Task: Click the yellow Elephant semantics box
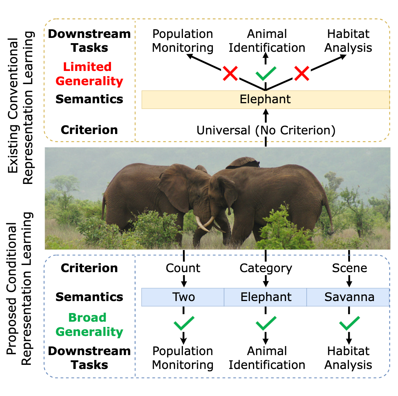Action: pyautogui.click(x=265, y=99)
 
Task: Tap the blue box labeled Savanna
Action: pyautogui.click(x=349, y=297)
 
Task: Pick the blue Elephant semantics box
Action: pyautogui.click(x=265, y=297)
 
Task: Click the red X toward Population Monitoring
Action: pyautogui.click(x=230, y=73)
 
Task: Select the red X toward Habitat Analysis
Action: pyautogui.click(x=301, y=73)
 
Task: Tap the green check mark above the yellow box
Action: pyautogui.click(x=265, y=73)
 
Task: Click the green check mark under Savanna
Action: pyautogui.click(x=349, y=323)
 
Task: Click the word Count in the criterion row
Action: pyautogui.click(x=183, y=268)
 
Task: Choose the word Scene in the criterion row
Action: pyautogui.click(x=349, y=268)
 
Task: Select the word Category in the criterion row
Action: pyautogui.click(x=266, y=268)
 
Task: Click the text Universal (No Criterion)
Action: pyautogui.click(x=265, y=130)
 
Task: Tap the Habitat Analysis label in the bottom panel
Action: pyautogui.click(x=349, y=358)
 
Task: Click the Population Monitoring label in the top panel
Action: pyautogui.click(x=183, y=41)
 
